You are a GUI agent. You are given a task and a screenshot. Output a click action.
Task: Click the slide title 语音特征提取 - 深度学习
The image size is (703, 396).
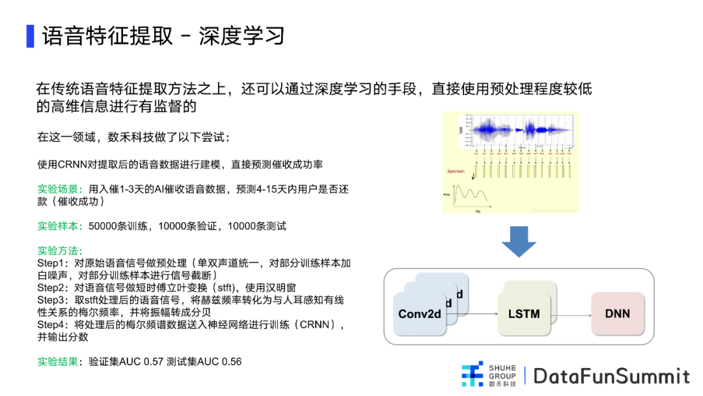coord(163,35)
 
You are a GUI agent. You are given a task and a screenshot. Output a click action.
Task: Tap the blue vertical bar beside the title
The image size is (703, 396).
coord(30,36)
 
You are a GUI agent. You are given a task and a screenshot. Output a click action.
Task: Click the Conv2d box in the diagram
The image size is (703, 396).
coord(420,314)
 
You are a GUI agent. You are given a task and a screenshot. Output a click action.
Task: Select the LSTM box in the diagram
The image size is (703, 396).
coord(524,314)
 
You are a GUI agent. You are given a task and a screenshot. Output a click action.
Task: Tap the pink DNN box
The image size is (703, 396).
coord(617,314)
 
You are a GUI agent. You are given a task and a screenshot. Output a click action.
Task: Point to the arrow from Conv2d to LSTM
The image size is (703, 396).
coord(473,314)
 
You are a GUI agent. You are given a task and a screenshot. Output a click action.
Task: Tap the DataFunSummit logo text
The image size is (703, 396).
coord(611,376)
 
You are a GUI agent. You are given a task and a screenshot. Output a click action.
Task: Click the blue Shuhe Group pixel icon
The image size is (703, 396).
coord(473,375)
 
